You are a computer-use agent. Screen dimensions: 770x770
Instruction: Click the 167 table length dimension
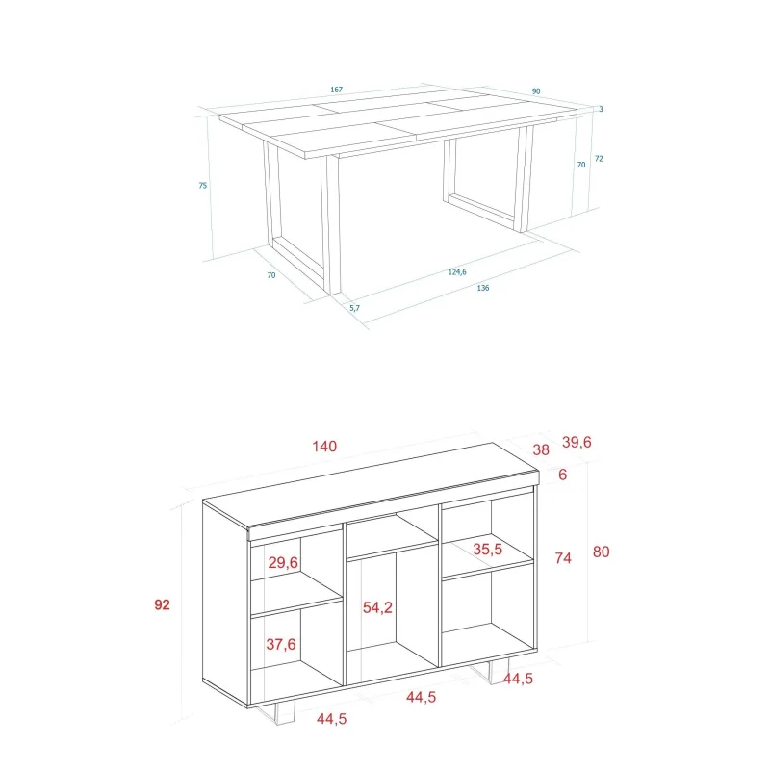coord(336,90)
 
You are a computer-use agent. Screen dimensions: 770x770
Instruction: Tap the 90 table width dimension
coord(536,91)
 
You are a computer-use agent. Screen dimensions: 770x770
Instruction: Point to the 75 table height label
coord(203,185)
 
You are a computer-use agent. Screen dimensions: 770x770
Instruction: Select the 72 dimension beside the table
coord(599,158)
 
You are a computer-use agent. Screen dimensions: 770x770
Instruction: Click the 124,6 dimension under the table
coord(457,272)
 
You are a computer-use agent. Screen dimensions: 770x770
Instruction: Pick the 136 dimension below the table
coord(483,288)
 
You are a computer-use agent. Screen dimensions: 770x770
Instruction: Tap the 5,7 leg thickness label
coord(354,308)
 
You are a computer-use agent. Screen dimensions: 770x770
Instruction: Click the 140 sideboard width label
coord(324,447)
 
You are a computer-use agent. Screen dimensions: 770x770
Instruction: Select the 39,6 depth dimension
coord(577,442)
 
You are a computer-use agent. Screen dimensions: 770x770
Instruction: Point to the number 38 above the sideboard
coord(541,449)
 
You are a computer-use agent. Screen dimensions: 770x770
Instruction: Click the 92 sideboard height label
coord(162,604)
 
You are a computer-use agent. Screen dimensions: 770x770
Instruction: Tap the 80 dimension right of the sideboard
coord(601,552)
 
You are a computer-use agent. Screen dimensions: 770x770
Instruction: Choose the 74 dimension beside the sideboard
coord(563,558)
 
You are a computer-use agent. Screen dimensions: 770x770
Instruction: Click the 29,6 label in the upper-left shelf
coord(283,563)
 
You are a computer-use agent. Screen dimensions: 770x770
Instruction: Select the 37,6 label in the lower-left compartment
coord(281,644)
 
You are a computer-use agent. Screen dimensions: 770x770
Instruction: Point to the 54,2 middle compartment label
coord(377,608)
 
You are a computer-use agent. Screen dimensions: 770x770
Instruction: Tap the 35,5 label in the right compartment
coord(488,549)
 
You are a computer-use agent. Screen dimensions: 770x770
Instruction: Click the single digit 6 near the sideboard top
coord(563,475)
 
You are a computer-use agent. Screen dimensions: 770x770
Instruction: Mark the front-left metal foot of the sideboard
coord(279,715)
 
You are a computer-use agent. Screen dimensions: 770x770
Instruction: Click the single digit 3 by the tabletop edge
coord(601,109)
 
